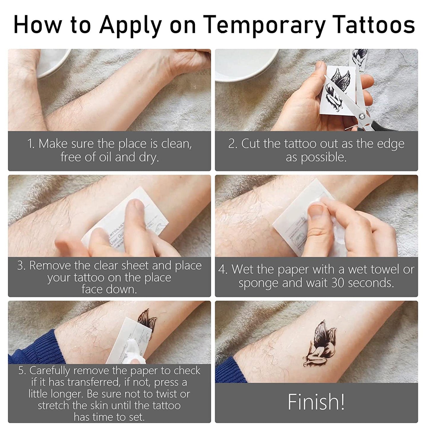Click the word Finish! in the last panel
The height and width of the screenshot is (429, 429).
point(316,402)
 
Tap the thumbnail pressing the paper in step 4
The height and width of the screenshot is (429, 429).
point(316,212)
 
